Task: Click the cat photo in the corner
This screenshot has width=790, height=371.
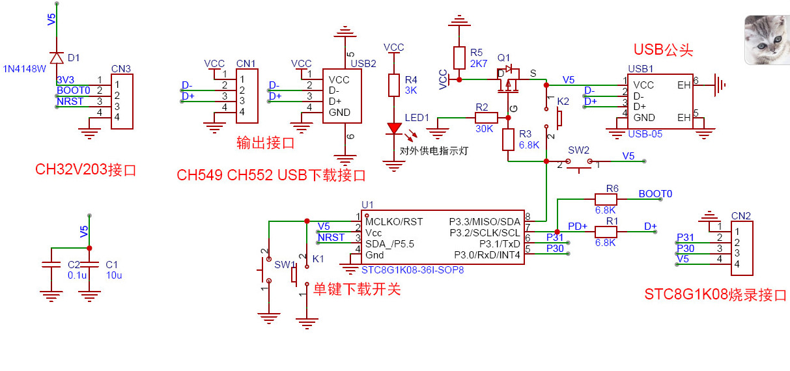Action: click(766, 39)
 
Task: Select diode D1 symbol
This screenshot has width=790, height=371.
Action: click(57, 57)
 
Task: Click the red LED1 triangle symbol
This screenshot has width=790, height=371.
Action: click(394, 128)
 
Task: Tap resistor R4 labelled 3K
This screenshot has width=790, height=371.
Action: click(394, 85)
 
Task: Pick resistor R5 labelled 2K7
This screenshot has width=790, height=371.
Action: click(459, 57)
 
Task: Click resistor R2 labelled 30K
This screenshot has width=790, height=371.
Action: click(486, 118)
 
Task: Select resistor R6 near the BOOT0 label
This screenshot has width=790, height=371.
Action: click(606, 199)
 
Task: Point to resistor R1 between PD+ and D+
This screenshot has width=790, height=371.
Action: click(606, 231)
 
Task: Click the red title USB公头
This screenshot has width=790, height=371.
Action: click(663, 50)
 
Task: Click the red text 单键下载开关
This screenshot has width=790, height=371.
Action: click(357, 289)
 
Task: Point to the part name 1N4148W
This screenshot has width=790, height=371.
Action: click(25, 68)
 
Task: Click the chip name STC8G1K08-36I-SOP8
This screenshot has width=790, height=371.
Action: click(412, 269)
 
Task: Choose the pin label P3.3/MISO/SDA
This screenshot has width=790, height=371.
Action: click(485, 221)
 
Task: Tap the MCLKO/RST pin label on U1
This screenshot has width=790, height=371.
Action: click(395, 221)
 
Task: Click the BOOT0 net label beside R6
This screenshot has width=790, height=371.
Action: click(655, 194)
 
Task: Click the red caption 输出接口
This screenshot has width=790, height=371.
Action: click(266, 143)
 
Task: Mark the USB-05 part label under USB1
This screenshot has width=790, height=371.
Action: click(645, 134)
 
